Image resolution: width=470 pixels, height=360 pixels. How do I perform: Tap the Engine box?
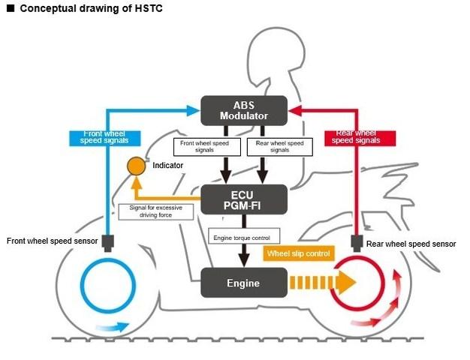click(243, 283)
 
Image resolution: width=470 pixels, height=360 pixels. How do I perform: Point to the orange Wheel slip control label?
click(298, 253)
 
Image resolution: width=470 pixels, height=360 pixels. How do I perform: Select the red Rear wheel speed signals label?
click(356, 137)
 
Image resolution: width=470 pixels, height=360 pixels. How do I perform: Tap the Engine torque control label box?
click(243, 238)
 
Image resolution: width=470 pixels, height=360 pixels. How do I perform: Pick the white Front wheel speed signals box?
click(203, 147)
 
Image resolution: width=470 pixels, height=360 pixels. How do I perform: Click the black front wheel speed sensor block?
click(108, 242)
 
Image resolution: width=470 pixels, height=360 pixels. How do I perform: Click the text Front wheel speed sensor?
click(52, 241)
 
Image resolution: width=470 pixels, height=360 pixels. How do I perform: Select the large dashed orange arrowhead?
click(345, 283)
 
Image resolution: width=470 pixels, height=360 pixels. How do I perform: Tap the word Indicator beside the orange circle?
click(167, 164)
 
